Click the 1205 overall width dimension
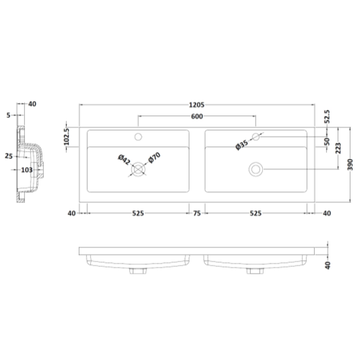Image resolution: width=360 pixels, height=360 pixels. (x=197, y=105)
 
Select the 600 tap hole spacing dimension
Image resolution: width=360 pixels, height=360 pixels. (x=197, y=117)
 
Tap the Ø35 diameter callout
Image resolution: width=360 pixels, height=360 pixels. (x=242, y=145)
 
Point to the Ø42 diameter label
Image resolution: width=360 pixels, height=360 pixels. (x=124, y=160)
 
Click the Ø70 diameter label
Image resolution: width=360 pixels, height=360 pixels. (x=154, y=158)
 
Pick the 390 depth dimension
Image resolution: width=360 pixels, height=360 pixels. (x=350, y=164)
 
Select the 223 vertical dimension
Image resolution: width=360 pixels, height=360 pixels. (x=338, y=148)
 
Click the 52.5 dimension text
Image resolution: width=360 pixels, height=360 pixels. (x=327, y=117)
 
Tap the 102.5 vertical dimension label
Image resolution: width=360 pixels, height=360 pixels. (x=66, y=137)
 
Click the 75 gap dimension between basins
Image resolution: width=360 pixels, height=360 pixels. (x=197, y=213)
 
